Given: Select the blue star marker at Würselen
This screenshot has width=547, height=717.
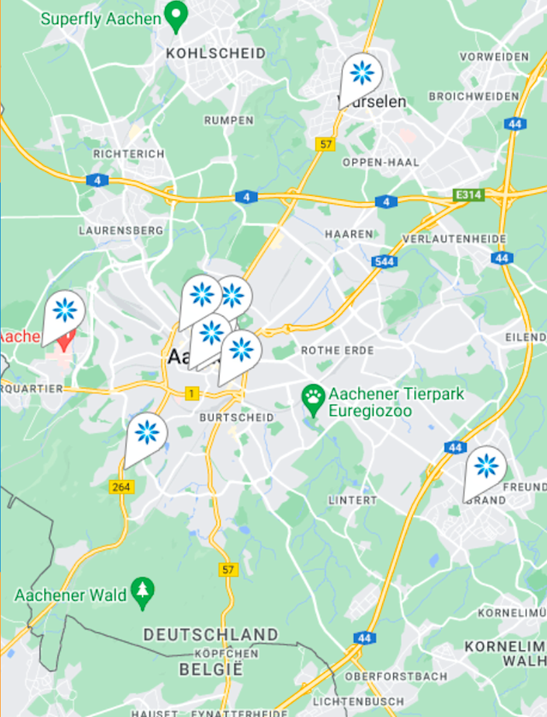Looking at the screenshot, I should [x=362, y=74].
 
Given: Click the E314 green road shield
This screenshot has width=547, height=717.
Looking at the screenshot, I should [x=468, y=195].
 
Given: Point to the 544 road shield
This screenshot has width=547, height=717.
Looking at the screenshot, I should [x=385, y=261].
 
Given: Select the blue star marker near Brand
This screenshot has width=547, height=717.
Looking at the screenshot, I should [x=485, y=466].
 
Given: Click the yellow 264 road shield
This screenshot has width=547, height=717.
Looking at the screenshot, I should [x=121, y=487].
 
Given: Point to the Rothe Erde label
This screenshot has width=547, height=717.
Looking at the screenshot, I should [x=338, y=351].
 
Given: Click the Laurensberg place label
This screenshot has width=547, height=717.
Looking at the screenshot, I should [x=121, y=230].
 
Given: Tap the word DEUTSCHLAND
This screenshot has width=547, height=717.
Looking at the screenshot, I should [x=210, y=635].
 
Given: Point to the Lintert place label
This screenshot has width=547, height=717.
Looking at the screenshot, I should [x=352, y=500].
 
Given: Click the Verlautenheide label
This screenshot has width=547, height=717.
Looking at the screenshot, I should [x=450, y=238].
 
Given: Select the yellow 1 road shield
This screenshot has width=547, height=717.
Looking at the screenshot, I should [x=192, y=394].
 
